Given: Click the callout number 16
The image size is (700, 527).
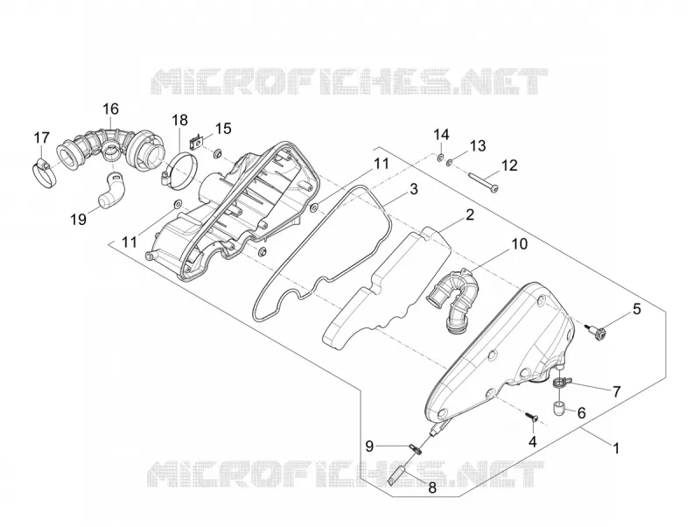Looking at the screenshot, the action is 111,109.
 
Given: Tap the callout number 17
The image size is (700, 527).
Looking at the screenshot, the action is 41,137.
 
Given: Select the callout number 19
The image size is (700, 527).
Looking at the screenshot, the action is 79,219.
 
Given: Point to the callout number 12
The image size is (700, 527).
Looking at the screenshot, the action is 509,165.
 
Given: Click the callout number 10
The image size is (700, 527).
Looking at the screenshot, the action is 519,244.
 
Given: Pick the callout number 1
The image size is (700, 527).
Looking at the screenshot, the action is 616,448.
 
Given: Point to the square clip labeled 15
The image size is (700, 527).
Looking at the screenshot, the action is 195,142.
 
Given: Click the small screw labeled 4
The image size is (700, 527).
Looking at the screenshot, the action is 531,417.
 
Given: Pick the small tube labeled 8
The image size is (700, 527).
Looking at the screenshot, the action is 395,475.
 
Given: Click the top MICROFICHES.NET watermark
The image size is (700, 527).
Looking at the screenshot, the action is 349,81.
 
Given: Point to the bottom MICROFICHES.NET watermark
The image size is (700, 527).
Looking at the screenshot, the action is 346,474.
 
